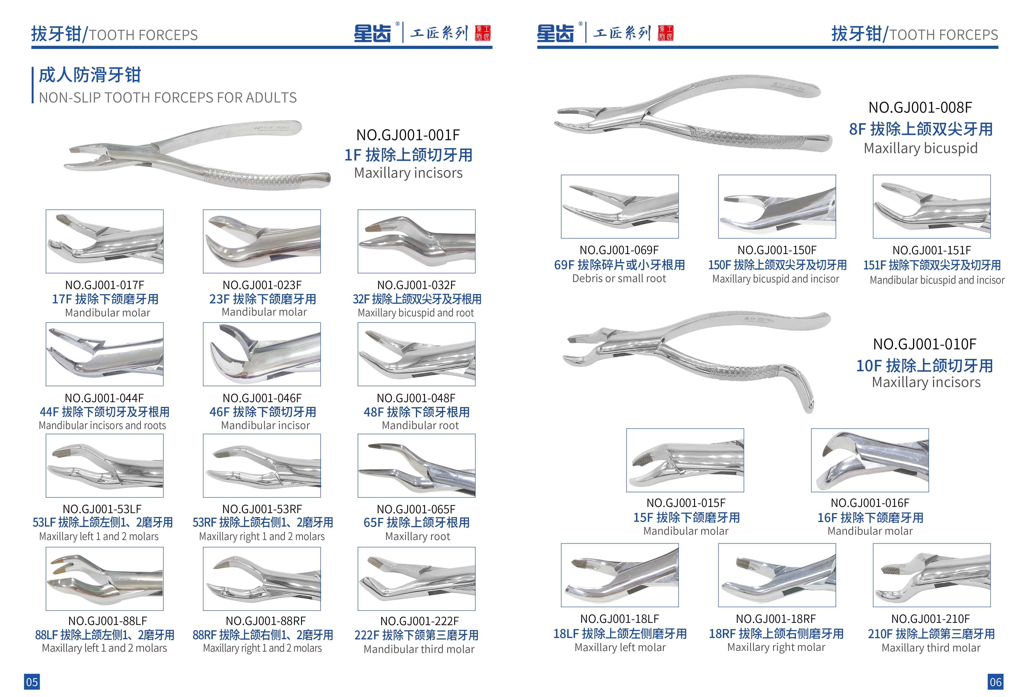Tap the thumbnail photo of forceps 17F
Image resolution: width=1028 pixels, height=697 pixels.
104,241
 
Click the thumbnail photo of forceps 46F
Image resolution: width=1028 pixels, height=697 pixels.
262,354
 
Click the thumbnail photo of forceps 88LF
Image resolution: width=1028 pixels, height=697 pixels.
104,579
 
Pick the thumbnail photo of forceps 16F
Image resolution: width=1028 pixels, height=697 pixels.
870,460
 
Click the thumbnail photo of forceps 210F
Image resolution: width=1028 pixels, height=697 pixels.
932,575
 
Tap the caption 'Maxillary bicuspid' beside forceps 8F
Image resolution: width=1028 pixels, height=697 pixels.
920,148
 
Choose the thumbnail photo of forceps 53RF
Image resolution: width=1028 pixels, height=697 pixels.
262,465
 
